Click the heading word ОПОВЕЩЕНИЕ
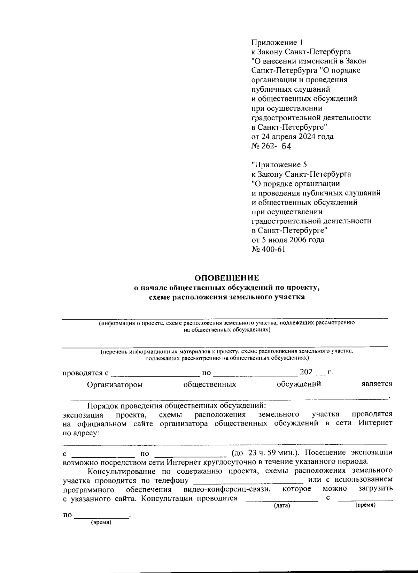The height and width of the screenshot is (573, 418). coord(227,278)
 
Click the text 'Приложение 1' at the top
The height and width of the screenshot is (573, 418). coord(277,43)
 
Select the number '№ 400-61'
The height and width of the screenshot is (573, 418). coord(268,249)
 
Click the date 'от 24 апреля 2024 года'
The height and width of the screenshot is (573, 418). coord(292,136)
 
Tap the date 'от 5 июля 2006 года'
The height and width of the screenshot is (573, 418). coord(288,240)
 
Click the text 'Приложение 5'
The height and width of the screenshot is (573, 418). coord(279,165)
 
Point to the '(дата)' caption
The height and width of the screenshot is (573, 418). coord(282,505)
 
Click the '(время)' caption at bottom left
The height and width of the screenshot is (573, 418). coord(101,523)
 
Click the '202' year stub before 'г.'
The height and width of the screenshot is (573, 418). coord(306,372)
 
